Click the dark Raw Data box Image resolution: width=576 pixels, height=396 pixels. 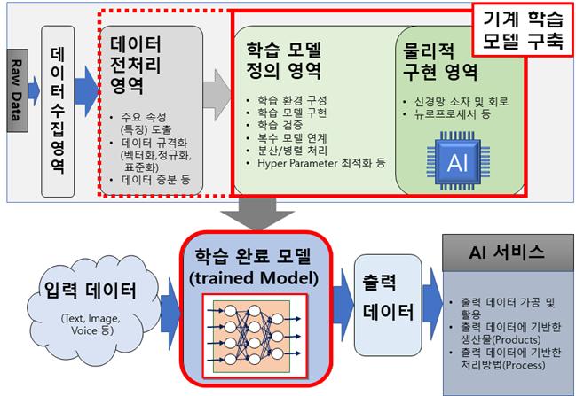click(x=17, y=90)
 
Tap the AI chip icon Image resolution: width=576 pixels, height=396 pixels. click(x=458, y=161)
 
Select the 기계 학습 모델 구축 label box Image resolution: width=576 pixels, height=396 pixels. click(x=523, y=29)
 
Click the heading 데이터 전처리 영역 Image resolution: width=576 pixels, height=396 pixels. click(x=135, y=65)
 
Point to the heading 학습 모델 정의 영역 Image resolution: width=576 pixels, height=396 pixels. click(x=284, y=60)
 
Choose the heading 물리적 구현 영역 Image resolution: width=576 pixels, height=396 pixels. click(x=440, y=62)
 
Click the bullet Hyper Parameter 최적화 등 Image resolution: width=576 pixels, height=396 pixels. click(x=317, y=163)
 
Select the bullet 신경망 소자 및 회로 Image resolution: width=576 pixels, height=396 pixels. click(x=456, y=101)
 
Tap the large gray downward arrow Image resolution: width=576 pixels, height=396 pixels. click(x=257, y=214)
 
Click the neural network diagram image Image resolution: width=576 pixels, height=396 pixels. click(x=255, y=336)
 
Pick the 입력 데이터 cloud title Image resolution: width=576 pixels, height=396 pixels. click(x=91, y=290)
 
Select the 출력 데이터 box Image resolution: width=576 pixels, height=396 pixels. click(x=388, y=305)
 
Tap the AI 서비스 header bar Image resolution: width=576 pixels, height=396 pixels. click(x=508, y=253)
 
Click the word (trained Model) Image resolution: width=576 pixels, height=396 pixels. click(x=254, y=278)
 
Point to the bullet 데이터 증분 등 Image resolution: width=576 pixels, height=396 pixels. click(x=151, y=180)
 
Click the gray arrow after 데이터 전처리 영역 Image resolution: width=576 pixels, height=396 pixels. click(x=217, y=96)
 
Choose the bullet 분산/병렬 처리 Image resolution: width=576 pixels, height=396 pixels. click(x=288, y=151)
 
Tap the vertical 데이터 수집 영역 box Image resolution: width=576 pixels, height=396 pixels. click(x=58, y=112)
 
